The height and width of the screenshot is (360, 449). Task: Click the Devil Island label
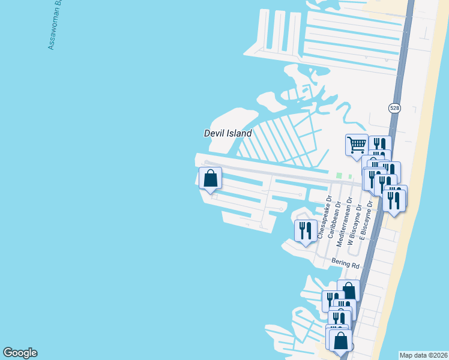[x=228, y=133]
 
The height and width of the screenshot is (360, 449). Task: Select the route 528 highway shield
[x=394, y=108]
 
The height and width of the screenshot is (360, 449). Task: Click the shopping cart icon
[x=357, y=145]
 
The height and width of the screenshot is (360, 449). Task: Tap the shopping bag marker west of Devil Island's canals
[x=210, y=178]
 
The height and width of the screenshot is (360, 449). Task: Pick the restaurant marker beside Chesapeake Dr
[x=306, y=231]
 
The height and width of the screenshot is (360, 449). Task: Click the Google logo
[x=20, y=353]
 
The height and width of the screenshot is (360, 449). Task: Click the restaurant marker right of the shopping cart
[x=380, y=145]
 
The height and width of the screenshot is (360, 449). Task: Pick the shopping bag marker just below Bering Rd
[x=348, y=291]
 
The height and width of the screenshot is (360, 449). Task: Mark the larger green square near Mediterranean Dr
[x=339, y=176]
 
